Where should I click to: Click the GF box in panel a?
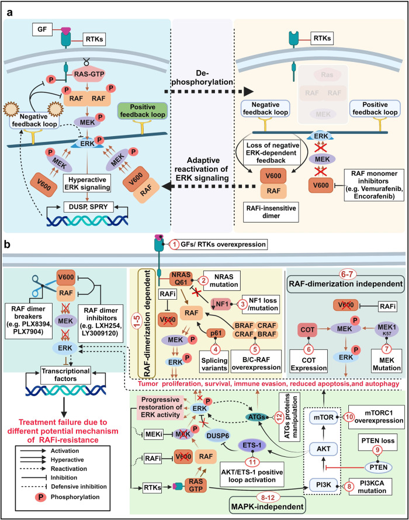click(42, 29)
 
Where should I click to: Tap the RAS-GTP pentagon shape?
click(89, 74)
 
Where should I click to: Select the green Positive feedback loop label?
click(143, 111)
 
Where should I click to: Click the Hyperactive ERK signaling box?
click(87, 183)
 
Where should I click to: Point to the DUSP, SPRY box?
click(88, 207)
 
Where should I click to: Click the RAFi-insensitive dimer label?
click(271, 212)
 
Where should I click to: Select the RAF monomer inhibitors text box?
click(374, 185)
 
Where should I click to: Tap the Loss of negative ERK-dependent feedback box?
click(272, 152)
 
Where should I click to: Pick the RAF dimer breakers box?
click(29, 320)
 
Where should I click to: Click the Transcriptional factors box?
click(65, 375)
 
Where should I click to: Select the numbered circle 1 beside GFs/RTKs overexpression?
click(175, 245)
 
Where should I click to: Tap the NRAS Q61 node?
click(181, 279)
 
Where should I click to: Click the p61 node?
click(216, 333)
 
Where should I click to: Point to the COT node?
click(307, 330)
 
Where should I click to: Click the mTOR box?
click(324, 417)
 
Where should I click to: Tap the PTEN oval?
click(378, 467)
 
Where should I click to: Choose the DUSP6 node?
click(217, 435)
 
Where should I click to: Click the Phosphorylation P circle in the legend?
click(40, 497)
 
